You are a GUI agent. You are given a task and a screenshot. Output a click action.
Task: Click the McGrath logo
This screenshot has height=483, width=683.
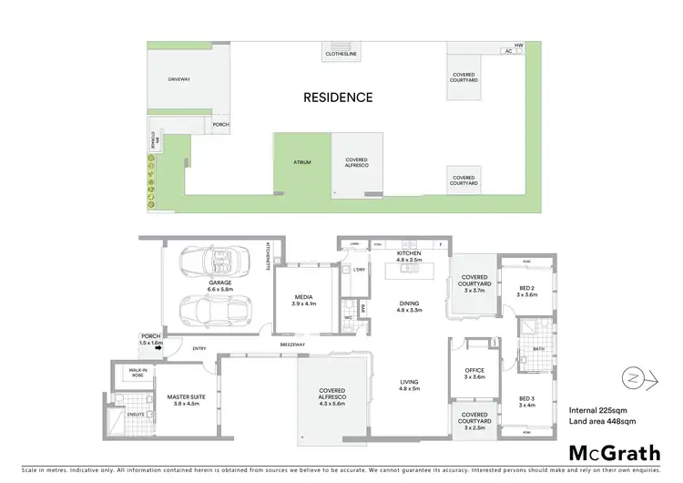[615, 452]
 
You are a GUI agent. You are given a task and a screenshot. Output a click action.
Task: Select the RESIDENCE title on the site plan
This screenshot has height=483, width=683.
[338, 97]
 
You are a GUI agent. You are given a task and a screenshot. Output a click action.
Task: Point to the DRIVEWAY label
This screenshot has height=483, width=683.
[179, 80]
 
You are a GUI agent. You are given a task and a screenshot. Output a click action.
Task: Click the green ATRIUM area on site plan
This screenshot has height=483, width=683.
[301, 162]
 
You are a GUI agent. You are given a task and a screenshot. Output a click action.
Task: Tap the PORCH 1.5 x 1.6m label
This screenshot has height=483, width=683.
[150, 339]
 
